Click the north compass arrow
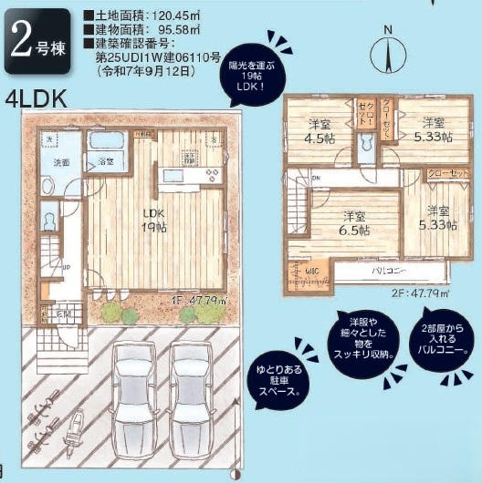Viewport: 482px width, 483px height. click(388, 54)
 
